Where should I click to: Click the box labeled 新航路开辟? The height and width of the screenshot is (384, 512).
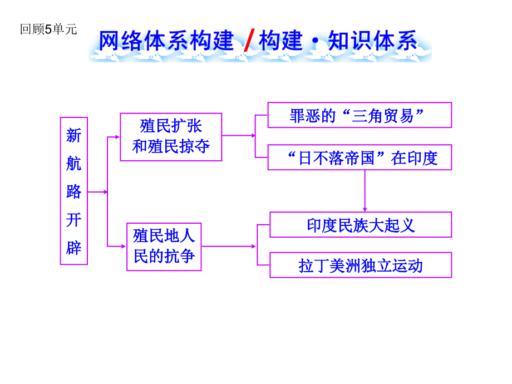(x=73, y=190)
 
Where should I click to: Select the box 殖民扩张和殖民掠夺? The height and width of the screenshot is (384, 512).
(x=171, y=137)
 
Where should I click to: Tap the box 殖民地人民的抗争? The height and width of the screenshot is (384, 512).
(x=164, y=247)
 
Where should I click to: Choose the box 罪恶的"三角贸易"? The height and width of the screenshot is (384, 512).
(x=359, y=115)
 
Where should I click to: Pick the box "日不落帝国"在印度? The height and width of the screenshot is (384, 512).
(x=359, y=157)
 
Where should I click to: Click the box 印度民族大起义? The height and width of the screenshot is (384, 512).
(x=360, y=224)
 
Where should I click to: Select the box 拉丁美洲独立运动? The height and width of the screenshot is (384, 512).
(x=360, y=265)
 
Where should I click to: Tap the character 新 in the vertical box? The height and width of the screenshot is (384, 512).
(x=73, y=135)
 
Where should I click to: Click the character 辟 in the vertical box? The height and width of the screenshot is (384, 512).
(x=73, y=247)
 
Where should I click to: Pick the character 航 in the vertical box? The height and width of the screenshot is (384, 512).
(x=73, y=163)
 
